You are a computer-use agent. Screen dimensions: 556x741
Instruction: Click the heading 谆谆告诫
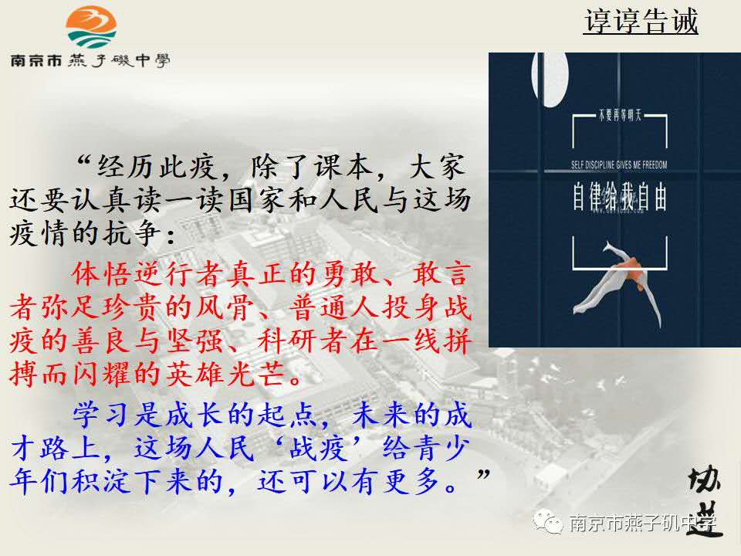click(x=641, y=21)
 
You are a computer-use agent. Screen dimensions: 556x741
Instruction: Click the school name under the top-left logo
click(x=90, y=60)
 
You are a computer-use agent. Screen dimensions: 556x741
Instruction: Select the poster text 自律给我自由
click(x=619, y=197)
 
